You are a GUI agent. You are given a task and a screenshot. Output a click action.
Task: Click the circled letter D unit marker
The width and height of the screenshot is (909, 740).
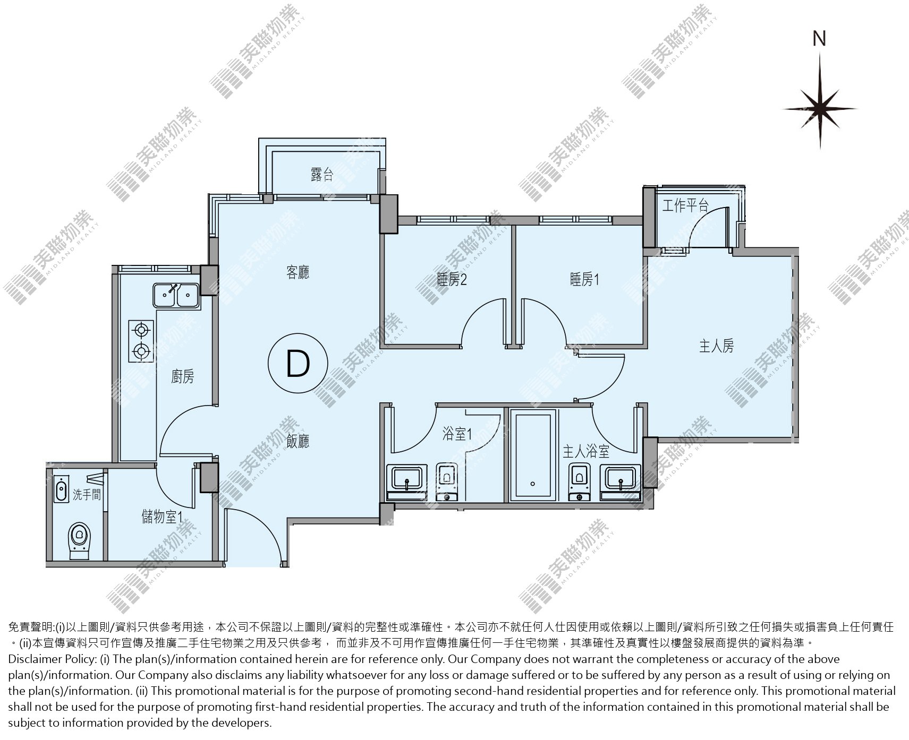click(298, 364)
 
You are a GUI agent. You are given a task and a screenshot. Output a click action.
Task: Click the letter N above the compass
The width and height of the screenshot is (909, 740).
click(820, 39)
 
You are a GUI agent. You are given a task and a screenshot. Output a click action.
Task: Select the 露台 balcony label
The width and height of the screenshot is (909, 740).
click(322, 174)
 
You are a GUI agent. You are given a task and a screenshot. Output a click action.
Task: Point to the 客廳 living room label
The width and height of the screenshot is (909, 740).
click(298, 273)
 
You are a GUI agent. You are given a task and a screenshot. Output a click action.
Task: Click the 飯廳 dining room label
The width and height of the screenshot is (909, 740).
click(298, 441)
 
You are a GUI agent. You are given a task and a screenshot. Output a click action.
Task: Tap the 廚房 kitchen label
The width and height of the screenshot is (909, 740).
click(183, 377)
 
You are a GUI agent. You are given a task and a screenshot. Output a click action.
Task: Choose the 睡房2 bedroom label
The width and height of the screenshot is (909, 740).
click(452, 279)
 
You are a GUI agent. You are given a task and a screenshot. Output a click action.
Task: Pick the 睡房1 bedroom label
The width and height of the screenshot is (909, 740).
click(584, 279)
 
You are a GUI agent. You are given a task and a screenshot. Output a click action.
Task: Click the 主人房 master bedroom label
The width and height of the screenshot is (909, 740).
click(716, 347)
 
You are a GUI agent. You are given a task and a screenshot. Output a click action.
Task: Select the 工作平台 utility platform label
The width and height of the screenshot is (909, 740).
click(685, 205)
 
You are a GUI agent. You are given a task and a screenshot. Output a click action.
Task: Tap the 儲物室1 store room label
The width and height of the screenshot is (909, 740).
click(163, 516)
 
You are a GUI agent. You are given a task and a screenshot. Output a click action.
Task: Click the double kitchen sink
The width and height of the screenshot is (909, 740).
click(176, 296)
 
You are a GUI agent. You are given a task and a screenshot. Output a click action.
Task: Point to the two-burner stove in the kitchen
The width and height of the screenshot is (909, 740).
click(141, 341)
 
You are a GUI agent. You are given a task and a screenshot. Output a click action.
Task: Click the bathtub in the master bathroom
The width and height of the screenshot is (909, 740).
click(533, 455)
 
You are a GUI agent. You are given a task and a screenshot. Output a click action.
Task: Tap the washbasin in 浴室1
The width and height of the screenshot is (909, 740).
click(407, 478)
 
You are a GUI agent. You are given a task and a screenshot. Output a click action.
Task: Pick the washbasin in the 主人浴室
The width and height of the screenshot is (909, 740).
click(621, 478)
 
